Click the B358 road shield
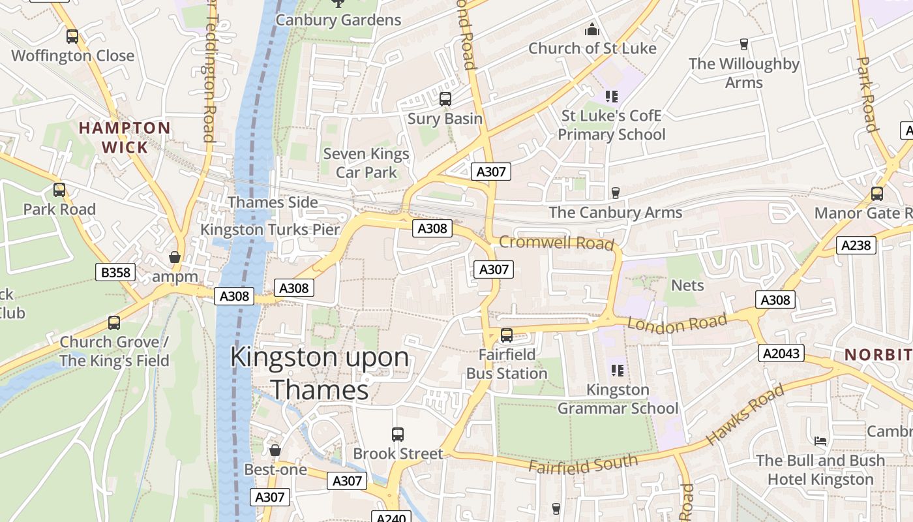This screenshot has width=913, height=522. click(x=115, y=272)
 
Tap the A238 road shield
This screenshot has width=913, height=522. click(x=856, y=245)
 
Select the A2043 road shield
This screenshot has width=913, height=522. click(x=781, y=354)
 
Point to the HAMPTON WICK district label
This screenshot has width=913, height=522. click(x=125, y=137)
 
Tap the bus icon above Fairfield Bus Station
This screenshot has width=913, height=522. click(x=507, y=335)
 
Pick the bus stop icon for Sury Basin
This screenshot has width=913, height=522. click(x=445, y=99)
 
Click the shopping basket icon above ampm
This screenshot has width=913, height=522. click(x=174, y=257)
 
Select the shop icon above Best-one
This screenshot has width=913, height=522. click(x=275, y=450)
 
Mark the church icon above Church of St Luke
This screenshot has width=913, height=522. click(x=592, y=29)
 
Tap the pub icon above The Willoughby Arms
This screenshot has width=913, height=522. click(x=743, y=44)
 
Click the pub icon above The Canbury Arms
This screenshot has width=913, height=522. click(x=615, y=193)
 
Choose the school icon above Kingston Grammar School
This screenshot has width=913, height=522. click(x=618, y=371)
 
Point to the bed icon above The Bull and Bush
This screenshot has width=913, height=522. click(x=820, y=441)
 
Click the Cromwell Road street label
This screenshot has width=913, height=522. click(x=556, y=243)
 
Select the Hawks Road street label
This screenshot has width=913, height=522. click(x=745, y=415)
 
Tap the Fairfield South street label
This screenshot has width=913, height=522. click(x=583, y=465)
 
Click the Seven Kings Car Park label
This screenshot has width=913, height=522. click(x=367, y=163)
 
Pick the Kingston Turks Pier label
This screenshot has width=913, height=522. click(x=270, y=230)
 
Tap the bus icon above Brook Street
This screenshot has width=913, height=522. click(x=397, y=434)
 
